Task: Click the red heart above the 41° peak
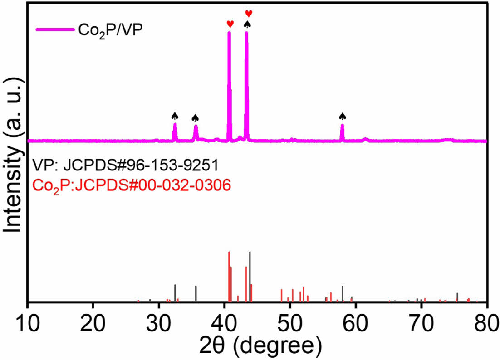[230, 24]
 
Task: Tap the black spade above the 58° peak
[343, 117]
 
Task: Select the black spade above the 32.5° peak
[175, 116]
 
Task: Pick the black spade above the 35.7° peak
[196, 118]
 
